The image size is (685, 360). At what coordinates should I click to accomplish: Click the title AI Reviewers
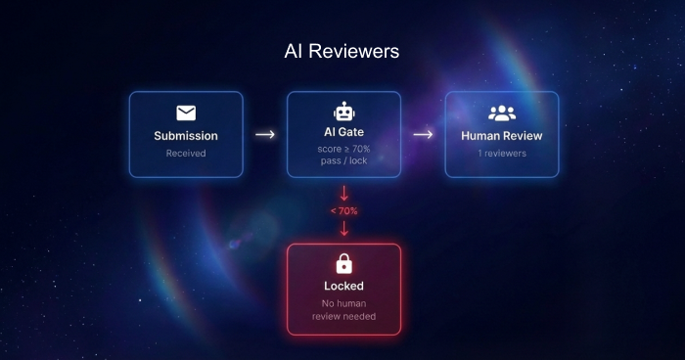click(342, 51)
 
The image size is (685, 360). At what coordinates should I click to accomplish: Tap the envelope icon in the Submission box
click(186, 112)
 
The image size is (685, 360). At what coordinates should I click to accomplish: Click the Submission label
click(186, 136)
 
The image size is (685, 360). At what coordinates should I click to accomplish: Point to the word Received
click(186, 154)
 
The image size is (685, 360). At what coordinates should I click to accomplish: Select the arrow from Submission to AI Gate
click(265, 134)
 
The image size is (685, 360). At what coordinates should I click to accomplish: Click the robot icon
click(343, 112)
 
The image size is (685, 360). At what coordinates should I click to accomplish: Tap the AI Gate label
click(343, 132)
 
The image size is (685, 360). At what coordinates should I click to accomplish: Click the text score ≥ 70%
click(343, 149)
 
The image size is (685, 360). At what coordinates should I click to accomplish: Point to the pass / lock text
click(343, 160)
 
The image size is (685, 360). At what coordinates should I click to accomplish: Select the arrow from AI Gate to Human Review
click(423, 134)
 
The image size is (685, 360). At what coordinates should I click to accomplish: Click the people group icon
click(502, 113)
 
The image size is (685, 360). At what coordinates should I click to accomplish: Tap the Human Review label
click(501, 136)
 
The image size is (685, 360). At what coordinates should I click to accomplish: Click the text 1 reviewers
click(502, 154)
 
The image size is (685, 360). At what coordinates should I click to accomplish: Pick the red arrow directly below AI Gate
click(343, 193)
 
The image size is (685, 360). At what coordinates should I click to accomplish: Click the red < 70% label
click(343, 211)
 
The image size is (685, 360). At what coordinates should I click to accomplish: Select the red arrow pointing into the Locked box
click(343, 229)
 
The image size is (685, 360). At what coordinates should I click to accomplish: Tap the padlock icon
click(343, 263)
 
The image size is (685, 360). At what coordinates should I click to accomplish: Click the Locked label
click(343, 286)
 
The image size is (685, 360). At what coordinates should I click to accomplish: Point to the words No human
click(343, 303)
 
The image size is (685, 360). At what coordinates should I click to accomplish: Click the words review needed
click(343, 316)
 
